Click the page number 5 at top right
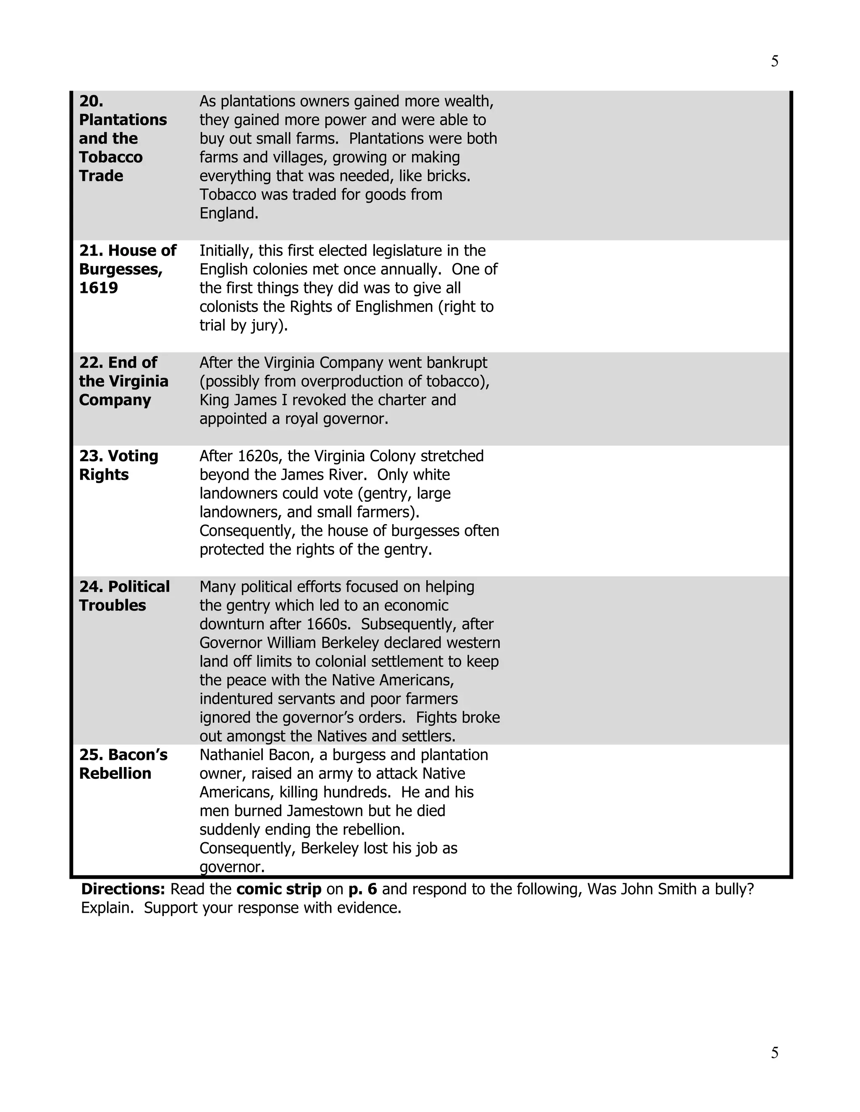point(774,61)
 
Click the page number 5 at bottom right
point(774,1052)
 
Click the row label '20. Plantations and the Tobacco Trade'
point(122,138)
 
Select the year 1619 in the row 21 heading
point(98,288)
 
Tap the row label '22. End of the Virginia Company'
point(123,381)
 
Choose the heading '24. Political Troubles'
point(124,596)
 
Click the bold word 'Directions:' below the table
point(123,890)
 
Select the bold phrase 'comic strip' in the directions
point(279,890)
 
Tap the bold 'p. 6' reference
point(362,890)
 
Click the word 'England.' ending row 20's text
point(229,213)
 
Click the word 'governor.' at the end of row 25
point(232,867)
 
